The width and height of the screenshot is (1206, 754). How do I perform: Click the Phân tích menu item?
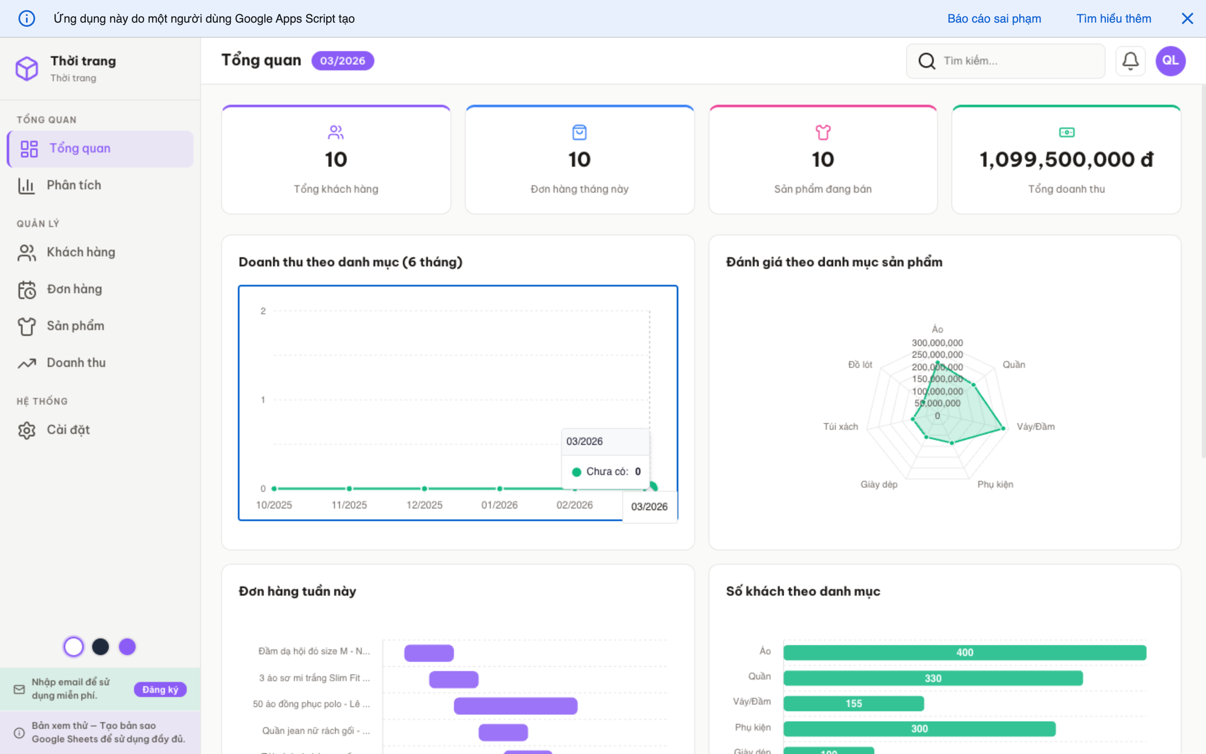point(74,186)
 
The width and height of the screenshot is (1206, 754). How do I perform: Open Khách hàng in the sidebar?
point(80,252)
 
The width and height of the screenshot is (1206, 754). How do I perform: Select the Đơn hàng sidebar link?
point(74,289)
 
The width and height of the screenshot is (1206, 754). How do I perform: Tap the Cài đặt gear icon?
point(27,430)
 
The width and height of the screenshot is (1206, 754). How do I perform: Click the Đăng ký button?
point(160,689)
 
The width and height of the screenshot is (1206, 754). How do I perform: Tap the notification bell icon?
point(1130,61)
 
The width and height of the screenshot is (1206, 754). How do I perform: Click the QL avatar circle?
point(1170,61)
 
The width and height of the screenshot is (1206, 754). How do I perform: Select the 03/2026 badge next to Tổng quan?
point(343,61)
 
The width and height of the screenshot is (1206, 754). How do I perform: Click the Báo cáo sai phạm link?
point(994,18)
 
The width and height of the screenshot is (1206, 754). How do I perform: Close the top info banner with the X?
point(1187,18)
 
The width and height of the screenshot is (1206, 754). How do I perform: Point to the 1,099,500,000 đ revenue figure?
point(1066,160)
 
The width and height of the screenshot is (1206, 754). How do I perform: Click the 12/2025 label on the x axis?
point(424,505)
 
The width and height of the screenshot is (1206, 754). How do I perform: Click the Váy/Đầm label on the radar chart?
point(1035,427)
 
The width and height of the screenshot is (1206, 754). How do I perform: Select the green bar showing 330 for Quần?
point(933,678)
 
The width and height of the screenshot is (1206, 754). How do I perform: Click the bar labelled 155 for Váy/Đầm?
point(853,704)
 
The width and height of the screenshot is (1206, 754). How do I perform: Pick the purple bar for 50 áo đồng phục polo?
point(515,706)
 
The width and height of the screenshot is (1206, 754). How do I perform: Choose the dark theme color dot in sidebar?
point(100,647)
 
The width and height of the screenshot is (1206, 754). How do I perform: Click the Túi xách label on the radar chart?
point(840,427)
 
